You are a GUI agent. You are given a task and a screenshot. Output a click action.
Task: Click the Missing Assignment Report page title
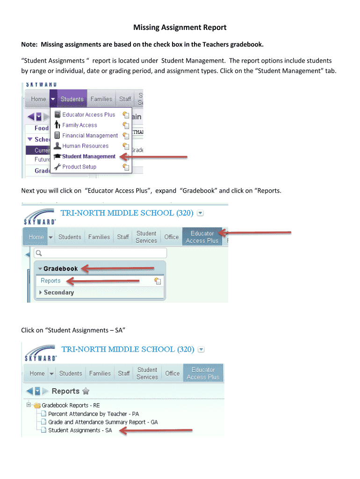tap(180, 28)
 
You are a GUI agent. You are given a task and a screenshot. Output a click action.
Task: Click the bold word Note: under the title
tap(30, 44)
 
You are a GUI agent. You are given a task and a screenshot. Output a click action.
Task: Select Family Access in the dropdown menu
tap(79, 125)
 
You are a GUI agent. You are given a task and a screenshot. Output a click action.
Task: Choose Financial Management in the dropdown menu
tap(90, 135)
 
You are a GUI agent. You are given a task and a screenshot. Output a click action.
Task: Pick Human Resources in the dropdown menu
tap(85, 146)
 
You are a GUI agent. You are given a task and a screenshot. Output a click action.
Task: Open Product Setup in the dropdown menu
tap(79, 167)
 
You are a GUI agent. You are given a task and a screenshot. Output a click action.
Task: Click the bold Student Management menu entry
tap(88, 156)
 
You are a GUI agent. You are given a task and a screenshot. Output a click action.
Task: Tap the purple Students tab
tap(72, 99)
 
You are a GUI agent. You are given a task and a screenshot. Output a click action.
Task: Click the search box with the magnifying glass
tap(101, 253)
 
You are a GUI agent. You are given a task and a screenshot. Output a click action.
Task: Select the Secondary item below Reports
tap(58, 292)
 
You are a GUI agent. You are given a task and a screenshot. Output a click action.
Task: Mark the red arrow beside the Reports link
tap(103, 281)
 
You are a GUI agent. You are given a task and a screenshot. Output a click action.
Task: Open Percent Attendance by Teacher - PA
tap(93, 414)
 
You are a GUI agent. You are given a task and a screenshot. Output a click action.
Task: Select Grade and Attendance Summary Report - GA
tap(103, 422)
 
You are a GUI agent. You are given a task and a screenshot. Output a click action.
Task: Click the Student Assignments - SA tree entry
tap(80, 430)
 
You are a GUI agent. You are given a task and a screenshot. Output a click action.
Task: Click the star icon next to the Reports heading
tap(86, 391)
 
